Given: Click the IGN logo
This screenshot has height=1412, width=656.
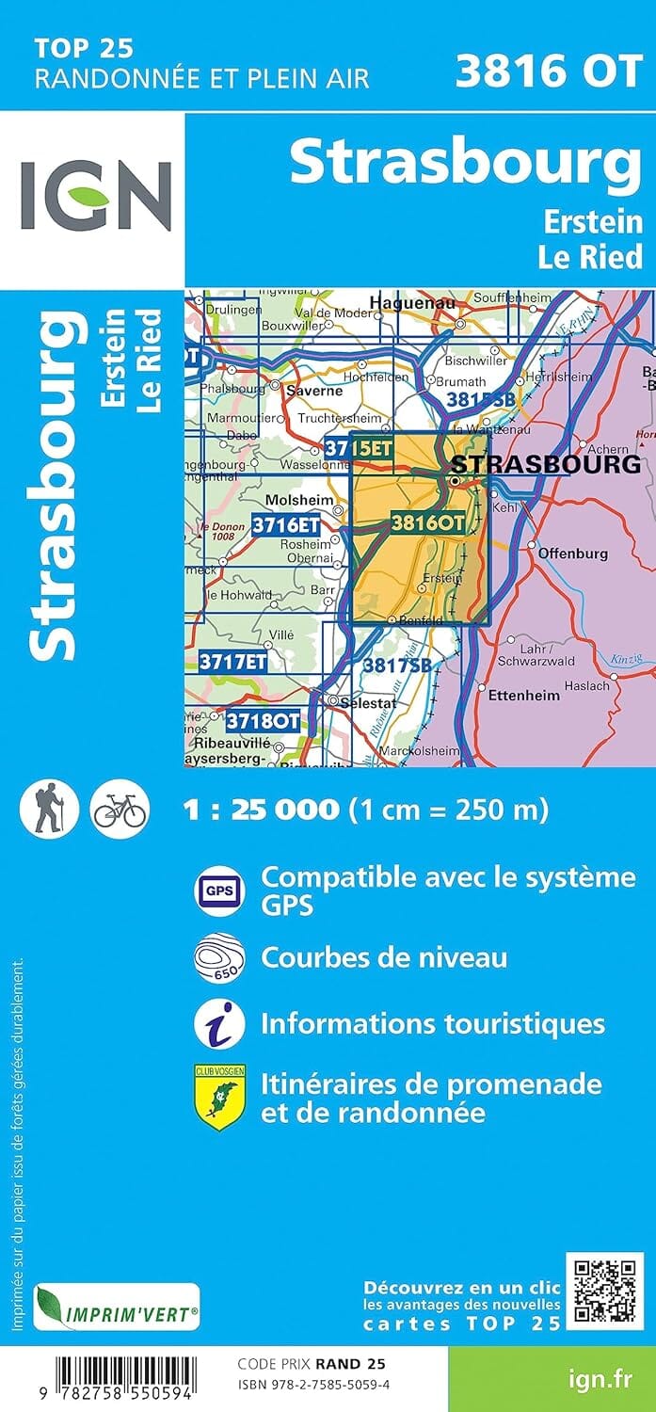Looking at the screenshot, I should point(95,196).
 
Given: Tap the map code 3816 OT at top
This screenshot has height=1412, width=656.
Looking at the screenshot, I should point(548,71).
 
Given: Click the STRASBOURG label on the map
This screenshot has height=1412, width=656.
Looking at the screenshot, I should point(546,464).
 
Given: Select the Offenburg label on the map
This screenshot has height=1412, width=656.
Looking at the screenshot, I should point(573,554).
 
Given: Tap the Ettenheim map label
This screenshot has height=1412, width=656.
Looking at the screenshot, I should point(524,695).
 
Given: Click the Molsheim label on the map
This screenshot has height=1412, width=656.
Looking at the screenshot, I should point(288,501).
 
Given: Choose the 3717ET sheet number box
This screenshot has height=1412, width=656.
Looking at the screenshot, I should point(232,662).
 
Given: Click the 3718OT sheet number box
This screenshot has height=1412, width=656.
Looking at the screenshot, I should point(263,722).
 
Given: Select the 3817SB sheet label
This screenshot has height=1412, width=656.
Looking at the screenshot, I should point(399,665).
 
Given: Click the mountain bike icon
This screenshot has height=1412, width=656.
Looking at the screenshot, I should point(120,809).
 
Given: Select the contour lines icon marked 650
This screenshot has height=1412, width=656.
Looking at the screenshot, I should point(219,957).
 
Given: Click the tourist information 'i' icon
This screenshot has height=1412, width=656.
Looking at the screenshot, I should point(219,1024).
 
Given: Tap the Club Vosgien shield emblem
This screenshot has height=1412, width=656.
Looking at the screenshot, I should point(219,1097).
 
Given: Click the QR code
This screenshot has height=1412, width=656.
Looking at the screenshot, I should point(604,1290).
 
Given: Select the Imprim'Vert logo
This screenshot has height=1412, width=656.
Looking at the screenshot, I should point(117,1308).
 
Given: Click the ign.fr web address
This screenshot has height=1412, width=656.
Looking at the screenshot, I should point(600,1379).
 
